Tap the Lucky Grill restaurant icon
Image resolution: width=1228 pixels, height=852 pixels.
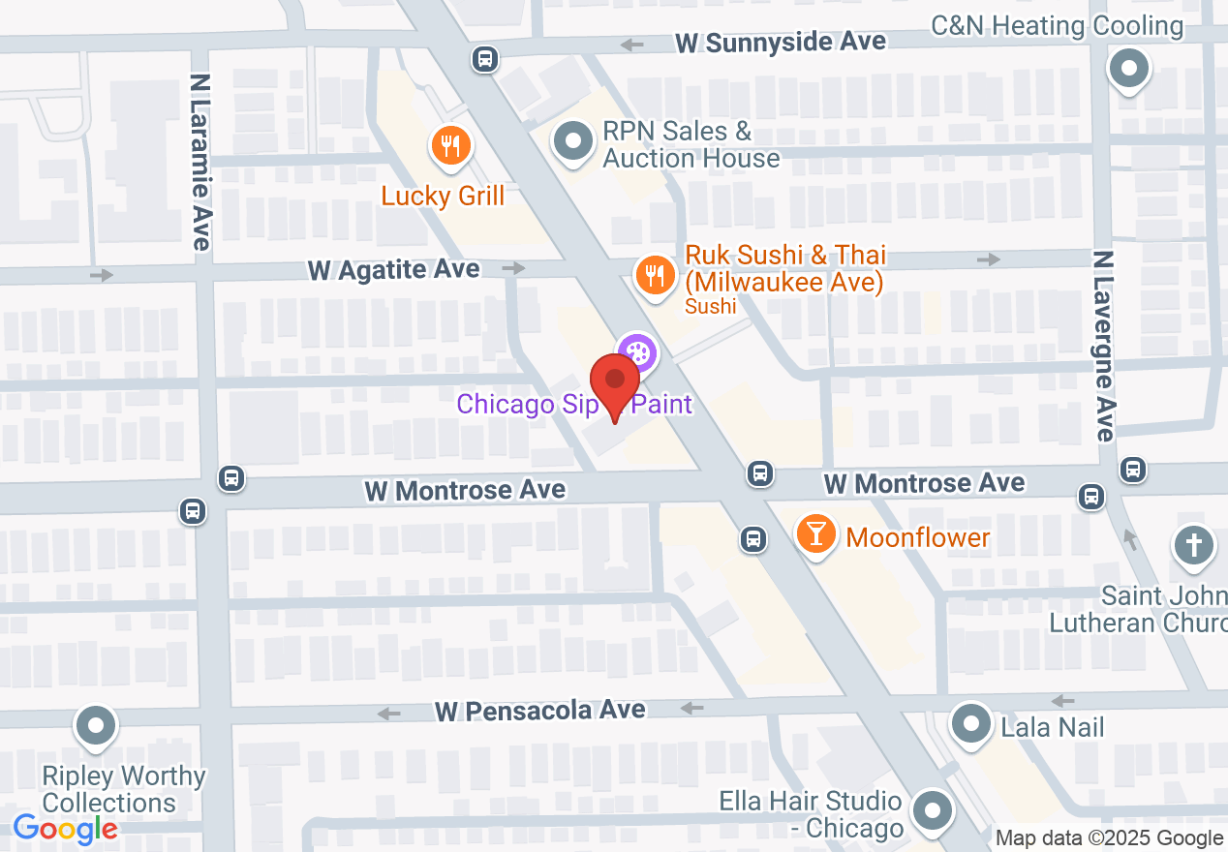click(449, 147)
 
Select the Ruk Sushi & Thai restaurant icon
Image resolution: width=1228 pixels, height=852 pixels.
click(655, 275)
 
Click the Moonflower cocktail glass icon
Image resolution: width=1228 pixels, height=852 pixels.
click(816, 535)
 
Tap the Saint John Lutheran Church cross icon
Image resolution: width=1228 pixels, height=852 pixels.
click(1193, 545)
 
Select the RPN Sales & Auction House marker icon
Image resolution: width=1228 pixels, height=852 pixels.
click(572, 141)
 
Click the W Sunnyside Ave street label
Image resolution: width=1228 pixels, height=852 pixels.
click(781, 43)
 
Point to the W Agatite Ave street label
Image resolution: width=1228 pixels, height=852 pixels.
click(393, 269)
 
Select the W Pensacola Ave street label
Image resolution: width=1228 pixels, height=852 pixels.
click(540, 711)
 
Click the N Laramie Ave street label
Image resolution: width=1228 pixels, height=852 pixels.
click(200, 163)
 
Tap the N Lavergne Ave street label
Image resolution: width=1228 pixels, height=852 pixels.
click(1103, 346)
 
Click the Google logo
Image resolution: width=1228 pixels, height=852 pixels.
click(65, 829)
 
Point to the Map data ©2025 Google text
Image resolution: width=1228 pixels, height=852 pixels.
click(1109, 838)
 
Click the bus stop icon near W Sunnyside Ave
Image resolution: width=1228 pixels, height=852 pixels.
click(484, 59)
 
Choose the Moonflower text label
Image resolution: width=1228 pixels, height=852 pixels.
click(918, 537)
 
